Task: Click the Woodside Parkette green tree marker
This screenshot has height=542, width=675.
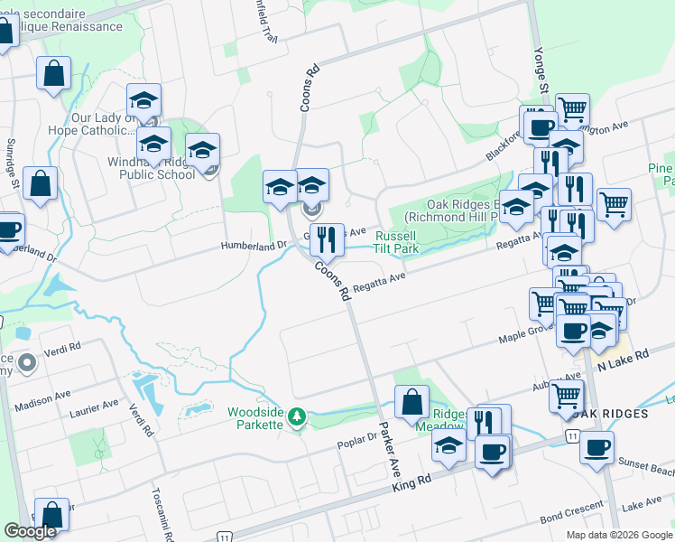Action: pyautogui.click(x=304, y=418)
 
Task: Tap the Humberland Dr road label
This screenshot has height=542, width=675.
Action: pyautogui.click(x=254, y=245)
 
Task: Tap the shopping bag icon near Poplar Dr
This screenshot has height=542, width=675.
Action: pyautogui.click(x=411, y=403)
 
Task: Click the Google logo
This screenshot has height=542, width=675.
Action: pyautogui.click(x=30, y=531)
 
